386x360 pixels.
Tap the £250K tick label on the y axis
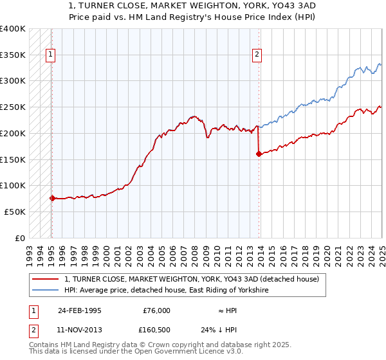point(13,107)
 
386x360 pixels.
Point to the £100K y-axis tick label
point(13,185)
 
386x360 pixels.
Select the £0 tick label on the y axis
point(20,238)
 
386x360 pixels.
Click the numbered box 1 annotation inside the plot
point(50,55)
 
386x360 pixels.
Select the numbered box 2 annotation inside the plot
point(257,55)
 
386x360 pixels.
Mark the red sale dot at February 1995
point(52,198)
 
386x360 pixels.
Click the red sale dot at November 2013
point(259,154)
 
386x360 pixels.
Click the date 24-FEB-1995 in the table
point(80,310)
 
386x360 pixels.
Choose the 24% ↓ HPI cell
point(219,330)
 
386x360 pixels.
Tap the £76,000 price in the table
point(157,310)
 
